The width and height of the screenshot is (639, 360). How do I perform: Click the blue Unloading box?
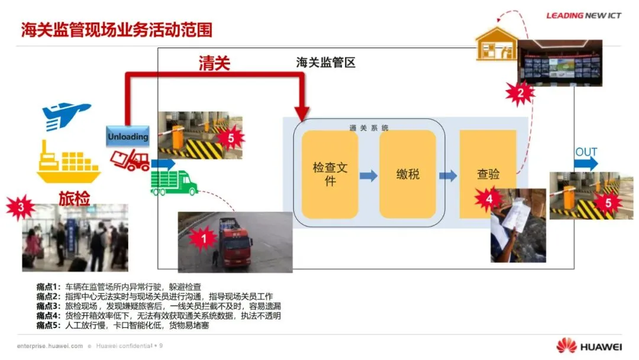pos(128,136)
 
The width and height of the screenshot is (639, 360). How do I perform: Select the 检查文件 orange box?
pos(330,174)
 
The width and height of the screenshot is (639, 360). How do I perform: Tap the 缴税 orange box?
pos(408,174)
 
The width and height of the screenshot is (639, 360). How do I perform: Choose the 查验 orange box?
pos(488,174)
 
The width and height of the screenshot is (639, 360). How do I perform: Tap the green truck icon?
pos(174,182)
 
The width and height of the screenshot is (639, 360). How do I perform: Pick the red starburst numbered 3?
pos(21,207)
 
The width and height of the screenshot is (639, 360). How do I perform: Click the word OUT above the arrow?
pos(586,152)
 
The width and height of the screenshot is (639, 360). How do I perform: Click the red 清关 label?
pos(214,63)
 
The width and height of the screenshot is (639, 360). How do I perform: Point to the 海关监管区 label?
pos(325,63)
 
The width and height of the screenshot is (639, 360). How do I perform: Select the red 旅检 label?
pos(74,198)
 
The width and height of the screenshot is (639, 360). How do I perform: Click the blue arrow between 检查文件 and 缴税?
pos(369,175)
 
